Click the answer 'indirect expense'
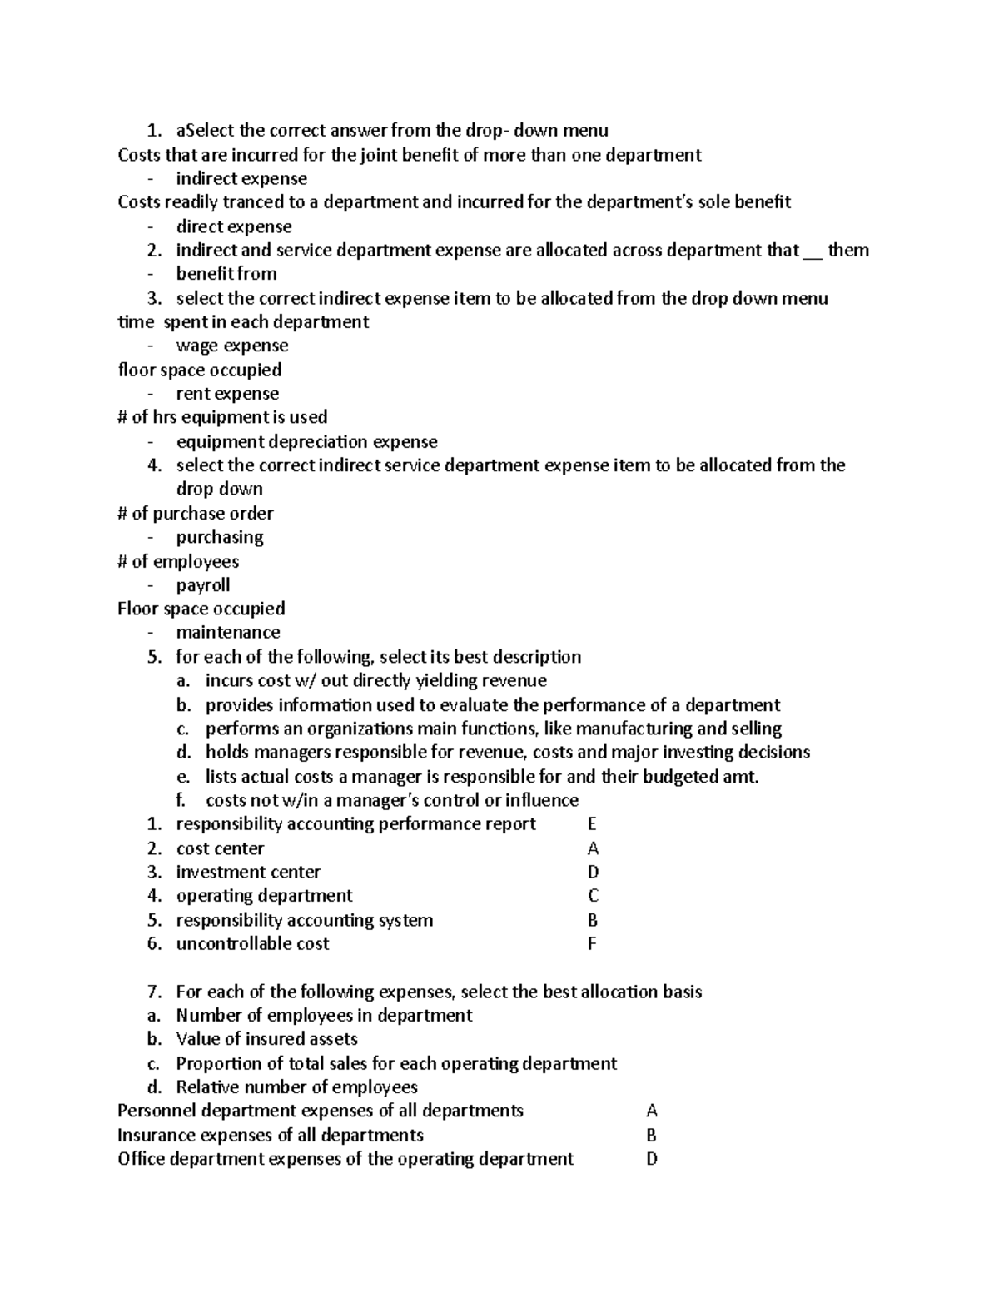click(241, 179)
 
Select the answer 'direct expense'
click(234, 226)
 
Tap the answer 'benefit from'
click(226, 274)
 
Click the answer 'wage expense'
click(232, 346)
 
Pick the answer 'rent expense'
click(227, 394)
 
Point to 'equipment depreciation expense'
click(306, 442)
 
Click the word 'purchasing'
click(220, 537)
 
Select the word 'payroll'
click(203, 585)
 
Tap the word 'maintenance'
click(228, 633)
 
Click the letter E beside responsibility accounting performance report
click(592, 824)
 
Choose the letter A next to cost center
click(593, 848)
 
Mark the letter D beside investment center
click(593, 873)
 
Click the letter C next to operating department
click(593, 896)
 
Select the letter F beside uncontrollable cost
click(592, 944)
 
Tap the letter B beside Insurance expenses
click(651, 1136)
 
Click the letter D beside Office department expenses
click(652, 1159)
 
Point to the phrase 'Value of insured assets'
click(266, 1039)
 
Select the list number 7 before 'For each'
click(153, 992)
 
